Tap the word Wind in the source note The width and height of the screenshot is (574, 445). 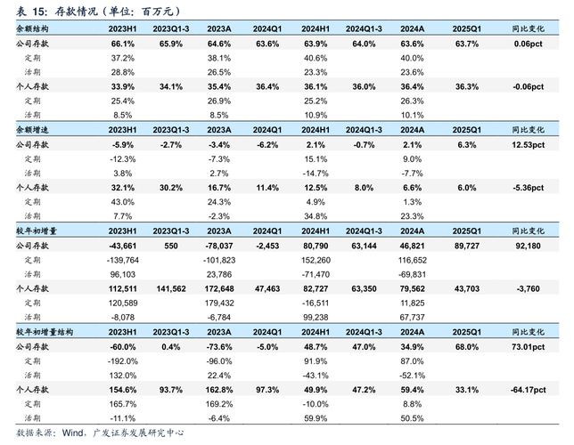pyautogui.click(x=76, y=433)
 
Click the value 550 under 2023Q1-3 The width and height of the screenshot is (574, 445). pyautogui.click(x=172, y=245)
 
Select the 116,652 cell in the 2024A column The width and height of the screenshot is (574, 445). pyautogui.click(x=411, y=259)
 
